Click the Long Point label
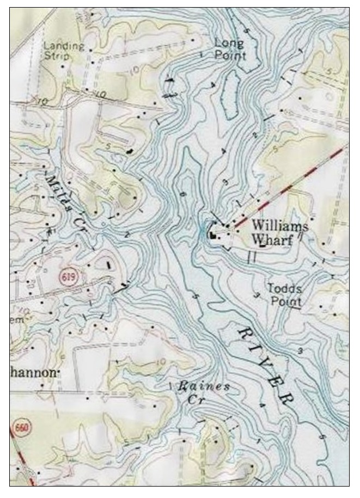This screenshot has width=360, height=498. (229, 49)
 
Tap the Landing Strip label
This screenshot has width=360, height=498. (64, 51)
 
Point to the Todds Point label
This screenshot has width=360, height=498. (284, 294)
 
